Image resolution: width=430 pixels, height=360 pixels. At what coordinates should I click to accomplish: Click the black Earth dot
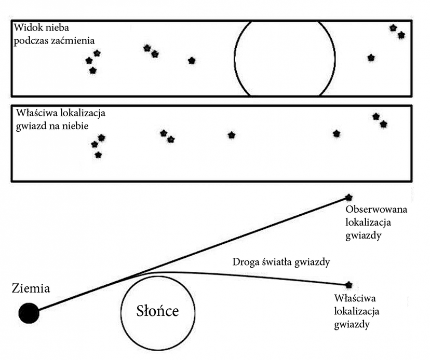coord(29,313)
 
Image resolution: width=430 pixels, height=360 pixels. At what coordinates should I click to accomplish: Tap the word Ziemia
coord(31,288)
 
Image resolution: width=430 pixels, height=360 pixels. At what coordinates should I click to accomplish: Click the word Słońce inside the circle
coord(157,311)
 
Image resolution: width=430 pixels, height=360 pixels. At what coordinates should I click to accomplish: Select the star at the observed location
coord(348,197)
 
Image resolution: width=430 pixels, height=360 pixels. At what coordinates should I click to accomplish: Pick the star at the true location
coord(348,285)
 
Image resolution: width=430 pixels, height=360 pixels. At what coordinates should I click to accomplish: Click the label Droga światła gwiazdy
coord(281,262)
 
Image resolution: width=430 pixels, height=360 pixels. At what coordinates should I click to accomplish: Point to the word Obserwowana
coord(376,210)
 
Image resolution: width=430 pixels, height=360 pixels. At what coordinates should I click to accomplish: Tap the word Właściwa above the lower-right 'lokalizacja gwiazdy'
coord(355,298)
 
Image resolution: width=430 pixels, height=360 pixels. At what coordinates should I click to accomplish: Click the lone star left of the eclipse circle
coord(192,61)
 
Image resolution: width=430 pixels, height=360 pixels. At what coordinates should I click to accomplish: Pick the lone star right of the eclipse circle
coord(371,58)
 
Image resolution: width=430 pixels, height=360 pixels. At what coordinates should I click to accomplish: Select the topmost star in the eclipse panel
coord(393,27)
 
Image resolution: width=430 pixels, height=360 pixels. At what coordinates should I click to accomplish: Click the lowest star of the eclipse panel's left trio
coord(93,71)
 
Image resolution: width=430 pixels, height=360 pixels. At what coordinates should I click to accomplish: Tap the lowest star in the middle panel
coord(98,155)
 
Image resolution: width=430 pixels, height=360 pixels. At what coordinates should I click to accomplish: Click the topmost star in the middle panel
coord(376,116)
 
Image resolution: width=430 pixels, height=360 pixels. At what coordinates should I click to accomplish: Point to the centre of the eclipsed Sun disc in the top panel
coord(285,58)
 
